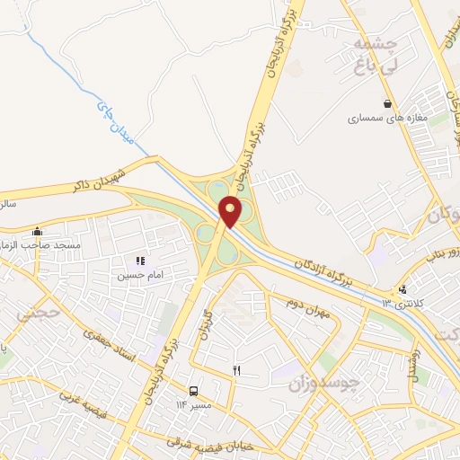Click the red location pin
[231, 212]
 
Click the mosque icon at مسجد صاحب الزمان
[37, 232]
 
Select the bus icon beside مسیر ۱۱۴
[193, 391]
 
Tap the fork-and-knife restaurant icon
[237, 369]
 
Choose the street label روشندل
[415, 364]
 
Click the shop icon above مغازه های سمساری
[387, 103]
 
